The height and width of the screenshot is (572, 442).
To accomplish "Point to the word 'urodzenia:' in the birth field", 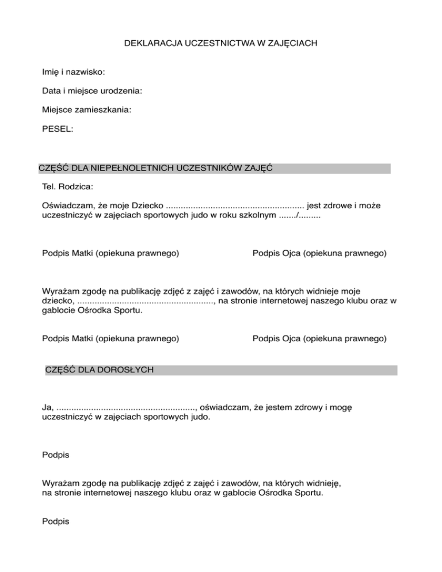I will click(121, 91).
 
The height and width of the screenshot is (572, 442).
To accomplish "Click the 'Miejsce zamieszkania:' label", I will click(86, 109).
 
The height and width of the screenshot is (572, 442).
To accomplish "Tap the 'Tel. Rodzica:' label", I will click(67, 187).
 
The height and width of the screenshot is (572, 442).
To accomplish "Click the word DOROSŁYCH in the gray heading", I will click(125, 370).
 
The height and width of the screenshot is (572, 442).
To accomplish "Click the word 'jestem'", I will click(270, 407).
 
